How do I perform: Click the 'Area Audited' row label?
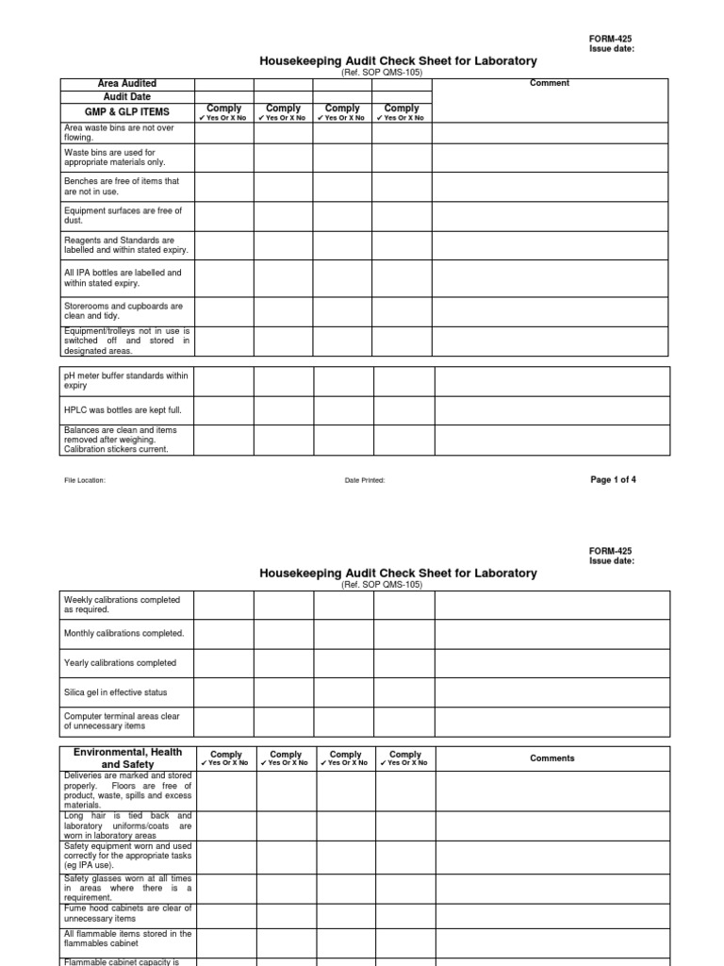[127, 84]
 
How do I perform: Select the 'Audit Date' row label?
[127, 96]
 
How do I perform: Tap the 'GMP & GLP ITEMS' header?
[127, 112]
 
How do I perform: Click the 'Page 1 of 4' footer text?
[613, 479]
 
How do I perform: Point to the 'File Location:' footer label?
[85, 480]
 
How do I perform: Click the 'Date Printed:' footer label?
[365, 480]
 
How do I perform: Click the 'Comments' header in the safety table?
[551, 758]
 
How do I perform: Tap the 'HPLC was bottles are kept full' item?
[123, 410]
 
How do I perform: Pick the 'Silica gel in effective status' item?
[115, 692]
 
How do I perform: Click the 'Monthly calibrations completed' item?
[123, 633]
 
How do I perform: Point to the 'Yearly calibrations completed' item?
[120, 663]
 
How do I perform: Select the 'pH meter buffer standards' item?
[125, 380]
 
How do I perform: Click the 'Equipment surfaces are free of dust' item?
[123, 215]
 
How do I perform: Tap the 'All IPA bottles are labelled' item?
[123, 277]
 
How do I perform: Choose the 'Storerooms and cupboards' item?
[123, 311]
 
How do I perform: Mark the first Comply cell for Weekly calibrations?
[224, 605]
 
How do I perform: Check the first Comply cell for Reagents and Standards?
[224, 245]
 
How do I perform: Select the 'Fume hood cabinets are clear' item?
[127, 913]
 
